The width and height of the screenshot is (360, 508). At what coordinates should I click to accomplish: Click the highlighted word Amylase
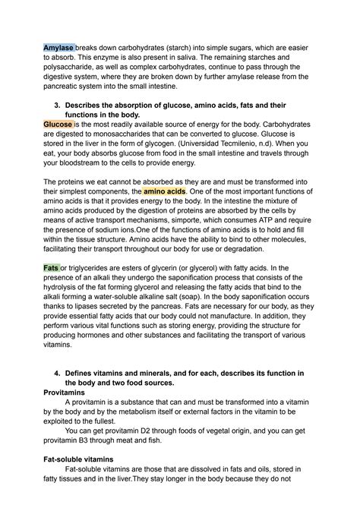tap(58, 47)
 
